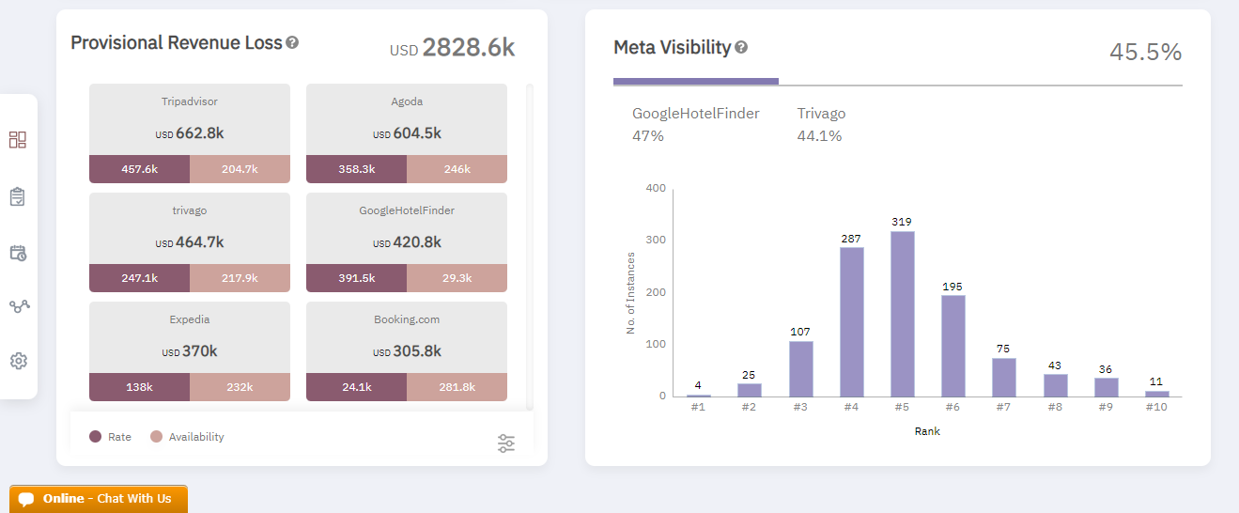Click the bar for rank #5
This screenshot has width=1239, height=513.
click(902, 314)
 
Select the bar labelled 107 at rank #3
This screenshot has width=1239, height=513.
click(800, 368)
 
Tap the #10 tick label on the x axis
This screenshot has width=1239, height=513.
click(1156, 407)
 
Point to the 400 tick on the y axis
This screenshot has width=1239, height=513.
click(656, 189)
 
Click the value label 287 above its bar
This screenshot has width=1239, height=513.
click(851, 240)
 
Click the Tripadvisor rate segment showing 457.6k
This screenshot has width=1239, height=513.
click(139, 169)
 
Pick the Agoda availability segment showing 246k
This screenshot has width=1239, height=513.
click(457, 169)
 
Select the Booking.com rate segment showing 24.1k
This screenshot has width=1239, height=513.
click(356, 387)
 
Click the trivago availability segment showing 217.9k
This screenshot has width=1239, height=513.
click(240, 278)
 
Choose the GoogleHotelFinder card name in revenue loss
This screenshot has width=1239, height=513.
click(406, 210)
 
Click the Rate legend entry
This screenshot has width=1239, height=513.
click(110, 437)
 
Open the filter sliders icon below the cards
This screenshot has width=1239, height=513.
click(506, 443)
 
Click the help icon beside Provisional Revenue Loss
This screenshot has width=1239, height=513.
click(292, 43)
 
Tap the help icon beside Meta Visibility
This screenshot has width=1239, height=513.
click(741, 47)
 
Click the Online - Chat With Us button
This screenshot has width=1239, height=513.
click(99, 499)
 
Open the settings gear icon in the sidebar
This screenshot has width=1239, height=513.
click(18, 361)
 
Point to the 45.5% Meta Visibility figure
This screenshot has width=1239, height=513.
click(1145, 53)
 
